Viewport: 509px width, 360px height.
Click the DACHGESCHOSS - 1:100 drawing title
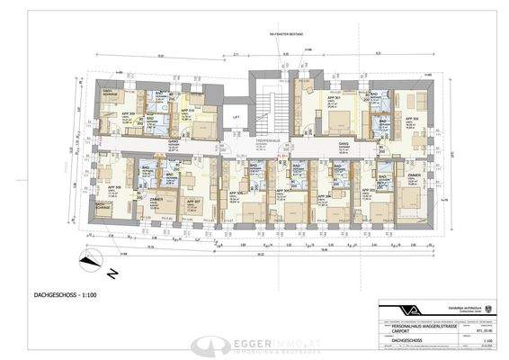click(61, 293)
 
